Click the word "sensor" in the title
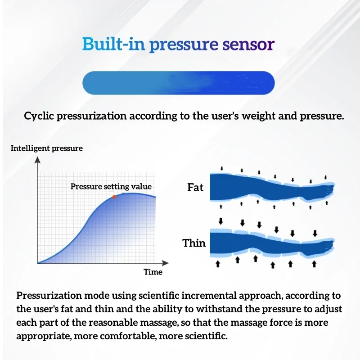(x=248, y=44)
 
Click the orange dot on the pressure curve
(x=114, y=197)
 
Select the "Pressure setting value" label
(x=111, y=186)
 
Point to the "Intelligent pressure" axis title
(x=47, y=148)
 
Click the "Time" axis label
(x=153, y=272)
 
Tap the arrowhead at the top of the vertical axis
(x=37, y=160)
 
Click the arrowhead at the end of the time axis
(x=165, y=263)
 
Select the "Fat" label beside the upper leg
(x=195, y=187)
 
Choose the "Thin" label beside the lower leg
(x=194, y=243)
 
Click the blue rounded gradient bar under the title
(x=179, y=83)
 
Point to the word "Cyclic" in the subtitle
(x=39, y=116)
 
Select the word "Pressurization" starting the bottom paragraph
(x=49, y=296)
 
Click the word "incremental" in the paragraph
(x=209, y=296)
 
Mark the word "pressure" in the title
(x=184, y=45)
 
